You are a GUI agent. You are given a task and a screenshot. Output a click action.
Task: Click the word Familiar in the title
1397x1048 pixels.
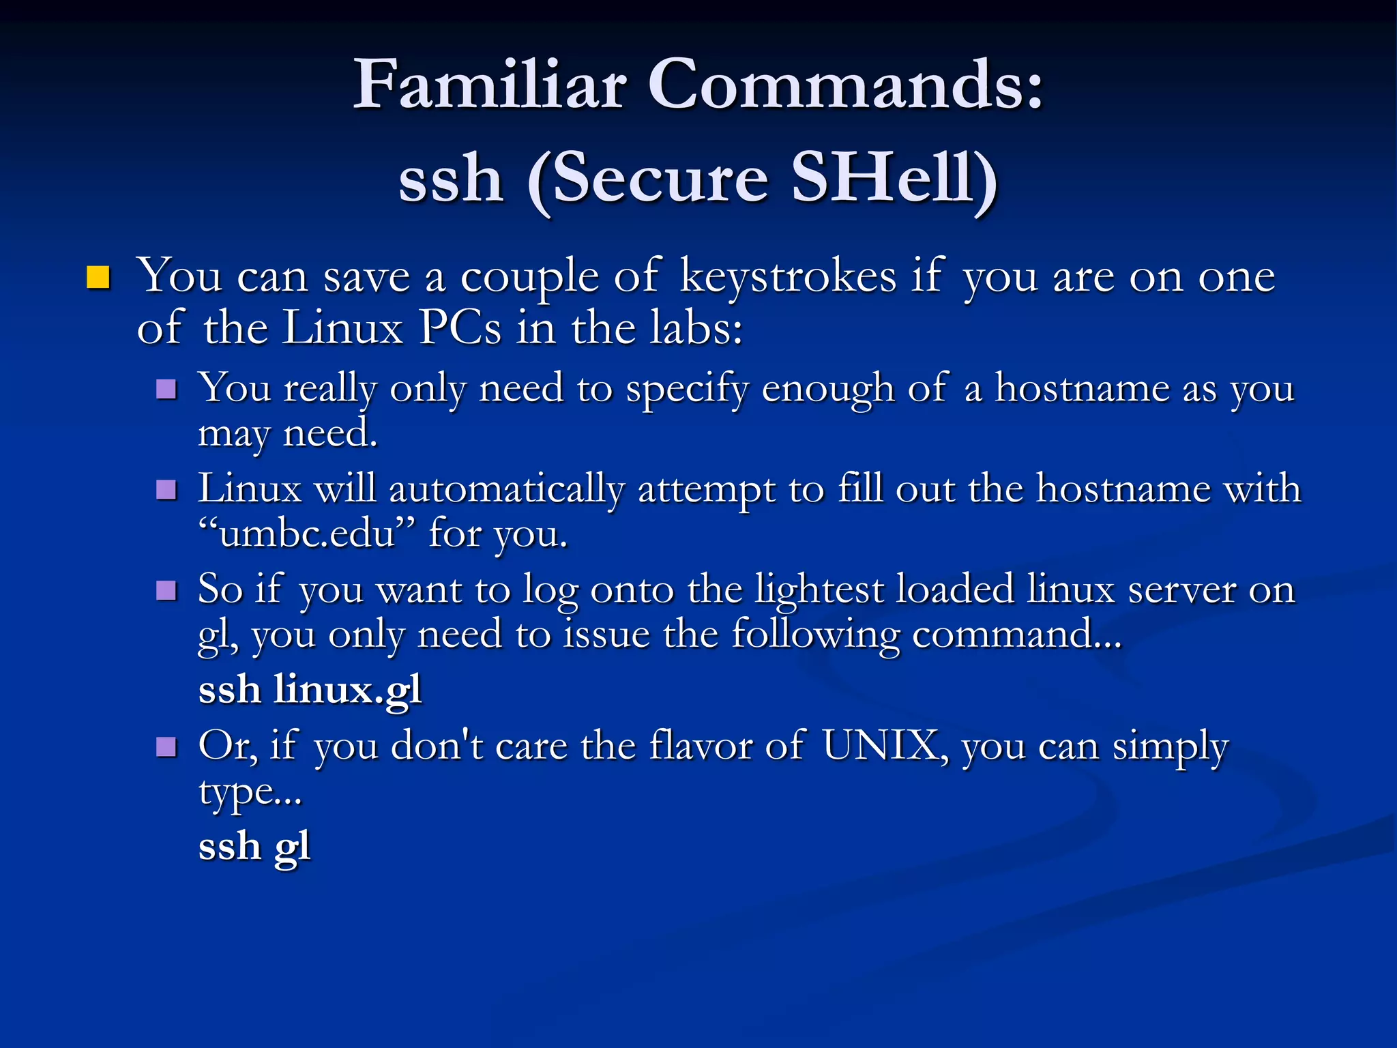pos(489,85)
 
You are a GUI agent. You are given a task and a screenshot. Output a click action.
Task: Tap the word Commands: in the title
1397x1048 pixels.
pos(846,85)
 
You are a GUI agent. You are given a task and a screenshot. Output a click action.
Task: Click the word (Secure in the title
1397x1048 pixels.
pos(648,179)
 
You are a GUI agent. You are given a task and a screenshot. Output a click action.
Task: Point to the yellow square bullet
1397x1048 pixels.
pos(99,278)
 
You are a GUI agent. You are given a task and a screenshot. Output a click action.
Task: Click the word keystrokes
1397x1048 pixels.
pos(788,278)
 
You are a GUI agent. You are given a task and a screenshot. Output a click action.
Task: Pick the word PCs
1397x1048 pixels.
pos(460,328)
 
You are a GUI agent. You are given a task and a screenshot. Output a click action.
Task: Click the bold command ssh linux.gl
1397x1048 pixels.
pos(310,690)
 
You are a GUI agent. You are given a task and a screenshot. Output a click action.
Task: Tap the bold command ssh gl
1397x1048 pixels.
pos(254,847)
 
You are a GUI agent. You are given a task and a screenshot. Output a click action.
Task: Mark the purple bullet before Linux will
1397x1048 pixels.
pos(166,490)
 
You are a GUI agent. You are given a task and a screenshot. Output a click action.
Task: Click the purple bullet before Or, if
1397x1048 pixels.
pos(166,747)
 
